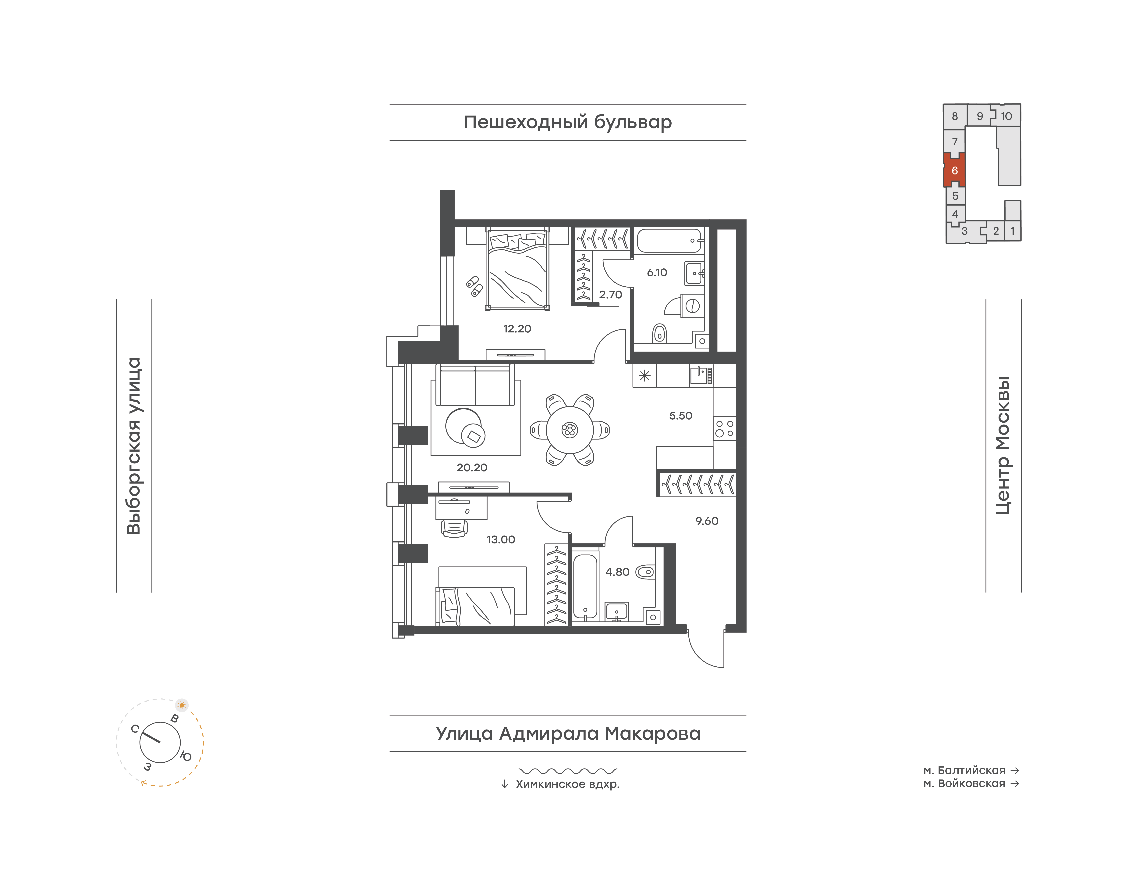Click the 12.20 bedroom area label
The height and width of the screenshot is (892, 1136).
point(517,328)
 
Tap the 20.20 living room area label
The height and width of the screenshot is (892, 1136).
point(472,467)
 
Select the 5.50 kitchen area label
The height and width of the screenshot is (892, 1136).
point(681,416)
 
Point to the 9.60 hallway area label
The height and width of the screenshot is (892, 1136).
point(707,521)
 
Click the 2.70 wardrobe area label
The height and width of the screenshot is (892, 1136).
point(610,295)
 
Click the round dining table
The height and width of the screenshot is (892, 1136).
point(570,430)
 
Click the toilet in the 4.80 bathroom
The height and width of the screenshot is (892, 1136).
point(645,572)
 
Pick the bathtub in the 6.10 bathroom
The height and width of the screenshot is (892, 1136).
point(669,241)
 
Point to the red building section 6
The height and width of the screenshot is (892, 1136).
point(954,170)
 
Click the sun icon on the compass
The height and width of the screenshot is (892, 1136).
point(182,705)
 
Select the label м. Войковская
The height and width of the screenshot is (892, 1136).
point(964,783)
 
